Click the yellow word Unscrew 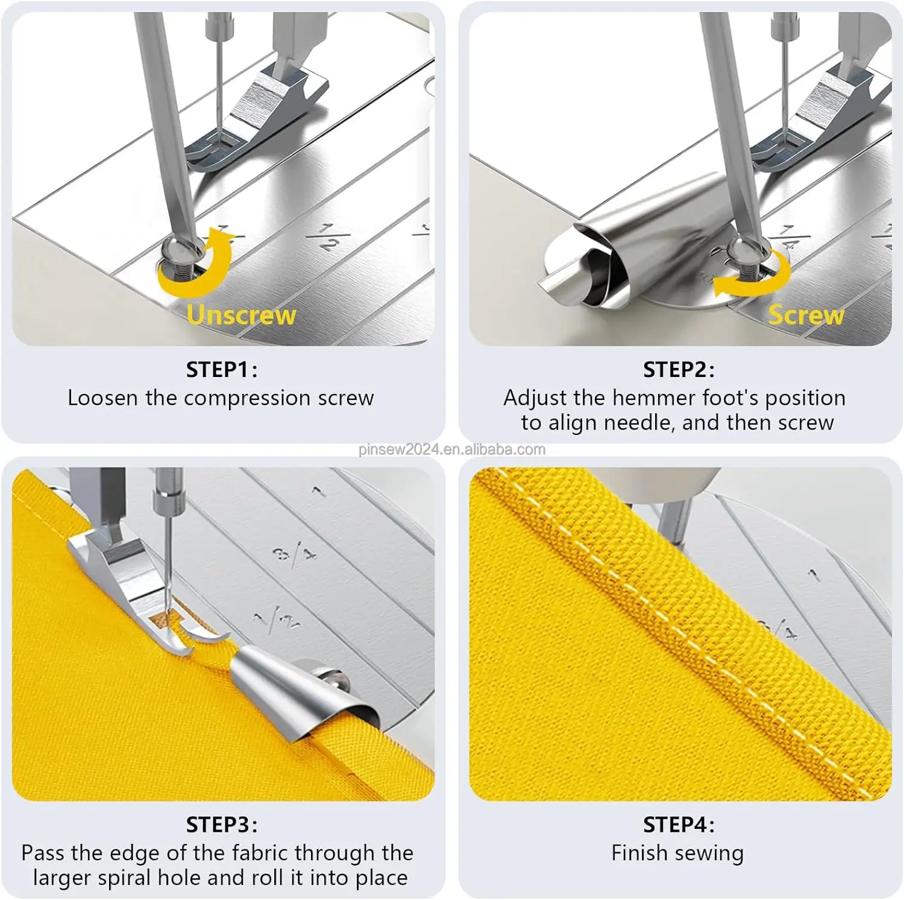pos(241,315)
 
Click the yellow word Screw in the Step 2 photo pos(806,315)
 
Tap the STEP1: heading pos(221,369)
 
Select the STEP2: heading pos(679,369)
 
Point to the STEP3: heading pos(221,824)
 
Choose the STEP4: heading pos(679,824)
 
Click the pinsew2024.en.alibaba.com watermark pos(451,449)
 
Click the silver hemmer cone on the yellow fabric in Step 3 pos(283,688)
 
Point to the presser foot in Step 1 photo pos(265,109)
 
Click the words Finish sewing pos(677,853)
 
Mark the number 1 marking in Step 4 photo pos(814,575)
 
